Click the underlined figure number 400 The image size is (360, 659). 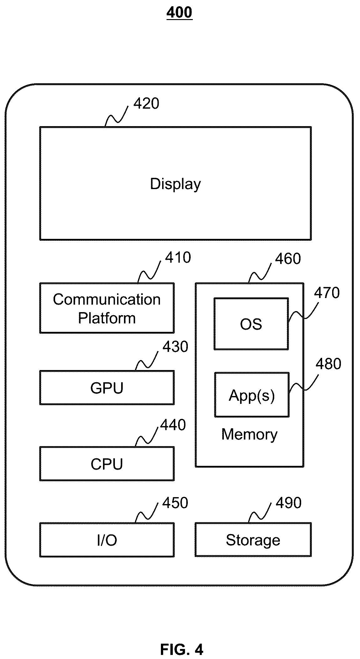click(179, 13)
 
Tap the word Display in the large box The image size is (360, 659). click(175, 184)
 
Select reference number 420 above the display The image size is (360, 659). click(146, 104)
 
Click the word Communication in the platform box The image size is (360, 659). click(107, 300)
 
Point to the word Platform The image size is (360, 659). click(107, 318)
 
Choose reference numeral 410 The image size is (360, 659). click(178, 258)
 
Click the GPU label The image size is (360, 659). click(107, 388)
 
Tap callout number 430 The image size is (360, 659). click(175, 347)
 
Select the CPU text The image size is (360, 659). click(107, 464)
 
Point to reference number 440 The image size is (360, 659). click(173, 425)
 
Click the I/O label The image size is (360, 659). click(107, 540)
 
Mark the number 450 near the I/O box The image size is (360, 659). click(175, 503)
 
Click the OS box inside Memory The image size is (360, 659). click(251, 324)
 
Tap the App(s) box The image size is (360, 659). click(252, 395)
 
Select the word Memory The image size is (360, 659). click(249, 435)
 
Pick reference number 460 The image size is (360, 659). click(288, 259)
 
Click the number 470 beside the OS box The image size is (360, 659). click(327, 293)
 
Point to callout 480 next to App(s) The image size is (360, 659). click(328, 364)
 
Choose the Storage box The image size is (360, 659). click(253, 540)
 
